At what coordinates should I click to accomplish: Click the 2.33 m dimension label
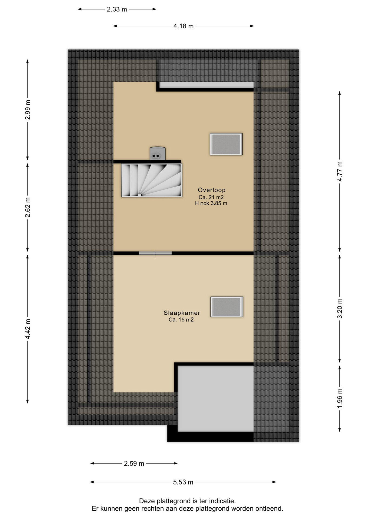pyautogui.click(x=117, y=9)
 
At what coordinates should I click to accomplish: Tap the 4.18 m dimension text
pyautogui.click(x=183, y=26)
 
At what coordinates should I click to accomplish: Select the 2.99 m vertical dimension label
pyautogui.click(x=28, y=109)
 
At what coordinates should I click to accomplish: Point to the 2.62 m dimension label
pyautogui.click(x=28, y=207)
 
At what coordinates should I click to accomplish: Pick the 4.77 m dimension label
pyautogui.click(x=340, y=171)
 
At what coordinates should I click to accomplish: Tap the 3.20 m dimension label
pyautogui.click(x=340, y=308)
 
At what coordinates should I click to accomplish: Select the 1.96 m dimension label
pyautogui.click(x=340, y=398)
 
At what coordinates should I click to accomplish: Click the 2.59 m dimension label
pyautogui.click(x=134, y=464)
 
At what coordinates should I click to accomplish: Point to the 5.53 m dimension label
pyautogui.click(x=183, y=482)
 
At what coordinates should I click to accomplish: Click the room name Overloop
pyautogui.click(x=212, y=190)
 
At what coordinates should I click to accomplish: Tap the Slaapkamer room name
pyautogui.click(x=182, y=313)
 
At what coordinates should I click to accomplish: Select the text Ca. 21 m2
pyautogui.click(x=211, y=197)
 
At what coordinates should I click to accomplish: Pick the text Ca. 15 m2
pyautogui.click(x=181, y=320)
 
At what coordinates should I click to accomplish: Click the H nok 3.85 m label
pyautogui.click(x=211, y=204)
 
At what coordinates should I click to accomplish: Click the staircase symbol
pyautogui.click(x=152, y=180)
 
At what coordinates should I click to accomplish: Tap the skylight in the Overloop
pyautogui.click(x=226, y=144)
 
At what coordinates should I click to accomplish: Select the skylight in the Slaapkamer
pyautogui.click(x=227, y=307)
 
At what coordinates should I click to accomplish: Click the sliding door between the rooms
pyautogui.click(x=155, y=253)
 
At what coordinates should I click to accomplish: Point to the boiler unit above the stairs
pyautogui.click(x=158, y=154)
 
